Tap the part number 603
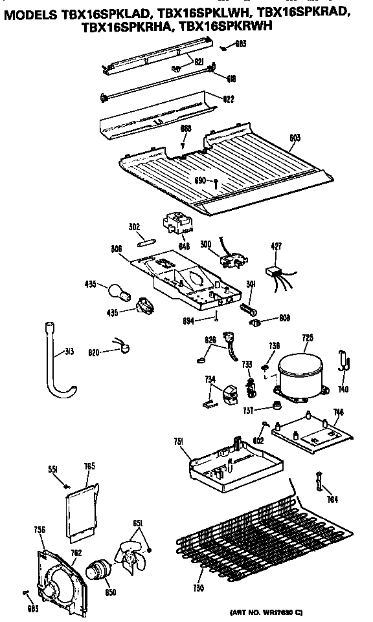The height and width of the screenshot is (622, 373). pos(295,137)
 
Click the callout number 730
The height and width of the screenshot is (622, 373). pos(198,588)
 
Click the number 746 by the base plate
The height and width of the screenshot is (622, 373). pos(337,412)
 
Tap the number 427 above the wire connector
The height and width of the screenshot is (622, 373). pos(276,246)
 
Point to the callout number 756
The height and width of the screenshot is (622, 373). pos(39,530)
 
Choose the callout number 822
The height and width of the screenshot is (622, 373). pos(229,99)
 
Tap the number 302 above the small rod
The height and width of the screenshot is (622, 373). pos(134,228)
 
